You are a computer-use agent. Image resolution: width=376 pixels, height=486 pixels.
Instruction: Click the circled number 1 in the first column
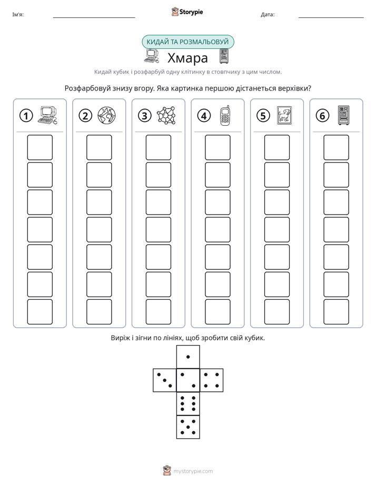pos(26,116)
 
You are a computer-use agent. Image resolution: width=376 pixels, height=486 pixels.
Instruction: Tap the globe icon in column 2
pos(106,115)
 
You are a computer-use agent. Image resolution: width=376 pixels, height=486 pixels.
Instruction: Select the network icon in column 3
pos(166,115)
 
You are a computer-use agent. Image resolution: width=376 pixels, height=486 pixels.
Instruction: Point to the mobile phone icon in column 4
pos(225,115)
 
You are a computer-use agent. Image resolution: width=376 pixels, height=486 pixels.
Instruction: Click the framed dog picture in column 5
pos(284,115)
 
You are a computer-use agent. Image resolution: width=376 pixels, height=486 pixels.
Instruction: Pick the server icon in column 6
pos(344,115)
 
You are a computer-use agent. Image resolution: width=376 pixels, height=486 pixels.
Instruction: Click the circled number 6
pos(322,116)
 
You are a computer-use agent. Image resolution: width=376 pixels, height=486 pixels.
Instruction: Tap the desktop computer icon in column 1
pos(47,115)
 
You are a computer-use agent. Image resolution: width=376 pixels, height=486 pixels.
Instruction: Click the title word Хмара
pos(187,58)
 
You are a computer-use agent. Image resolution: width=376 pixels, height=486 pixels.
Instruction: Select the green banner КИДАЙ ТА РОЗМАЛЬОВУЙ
pos(187,42)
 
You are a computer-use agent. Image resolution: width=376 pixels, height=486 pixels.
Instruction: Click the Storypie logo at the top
pos(187,12)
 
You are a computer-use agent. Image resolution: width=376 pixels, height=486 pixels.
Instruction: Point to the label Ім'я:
pos(18,15)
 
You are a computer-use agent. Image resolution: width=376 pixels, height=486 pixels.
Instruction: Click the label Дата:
pos(268,15)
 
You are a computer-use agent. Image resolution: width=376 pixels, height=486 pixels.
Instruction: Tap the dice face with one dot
pos(188,357)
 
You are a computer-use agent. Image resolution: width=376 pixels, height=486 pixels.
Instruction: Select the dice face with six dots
pos(188,403)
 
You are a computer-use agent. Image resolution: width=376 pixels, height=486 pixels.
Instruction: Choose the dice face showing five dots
pos(188,427)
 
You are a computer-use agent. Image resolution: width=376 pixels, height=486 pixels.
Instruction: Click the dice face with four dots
pos(212,380)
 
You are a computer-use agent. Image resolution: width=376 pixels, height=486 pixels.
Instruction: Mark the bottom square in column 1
pos(39,312)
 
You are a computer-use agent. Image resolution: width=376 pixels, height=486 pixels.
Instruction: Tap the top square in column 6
pos(337,147)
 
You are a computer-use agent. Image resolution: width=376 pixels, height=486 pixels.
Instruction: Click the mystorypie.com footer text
pos(193,471)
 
